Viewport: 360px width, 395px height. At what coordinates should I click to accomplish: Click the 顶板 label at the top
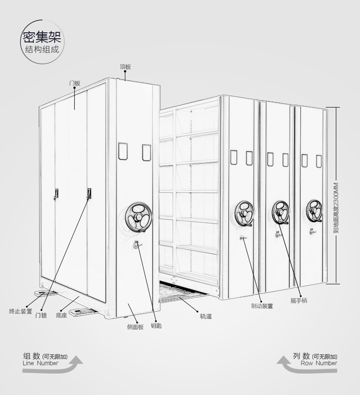point(125,67)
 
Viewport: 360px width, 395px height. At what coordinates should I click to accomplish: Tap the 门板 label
point(74,83)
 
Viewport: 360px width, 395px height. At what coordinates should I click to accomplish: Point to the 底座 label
point(61,315)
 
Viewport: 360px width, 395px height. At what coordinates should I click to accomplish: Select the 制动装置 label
point(262,306)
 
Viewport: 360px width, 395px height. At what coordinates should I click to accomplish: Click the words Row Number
point(319,363)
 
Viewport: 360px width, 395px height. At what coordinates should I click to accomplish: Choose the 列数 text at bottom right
point(301,356)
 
